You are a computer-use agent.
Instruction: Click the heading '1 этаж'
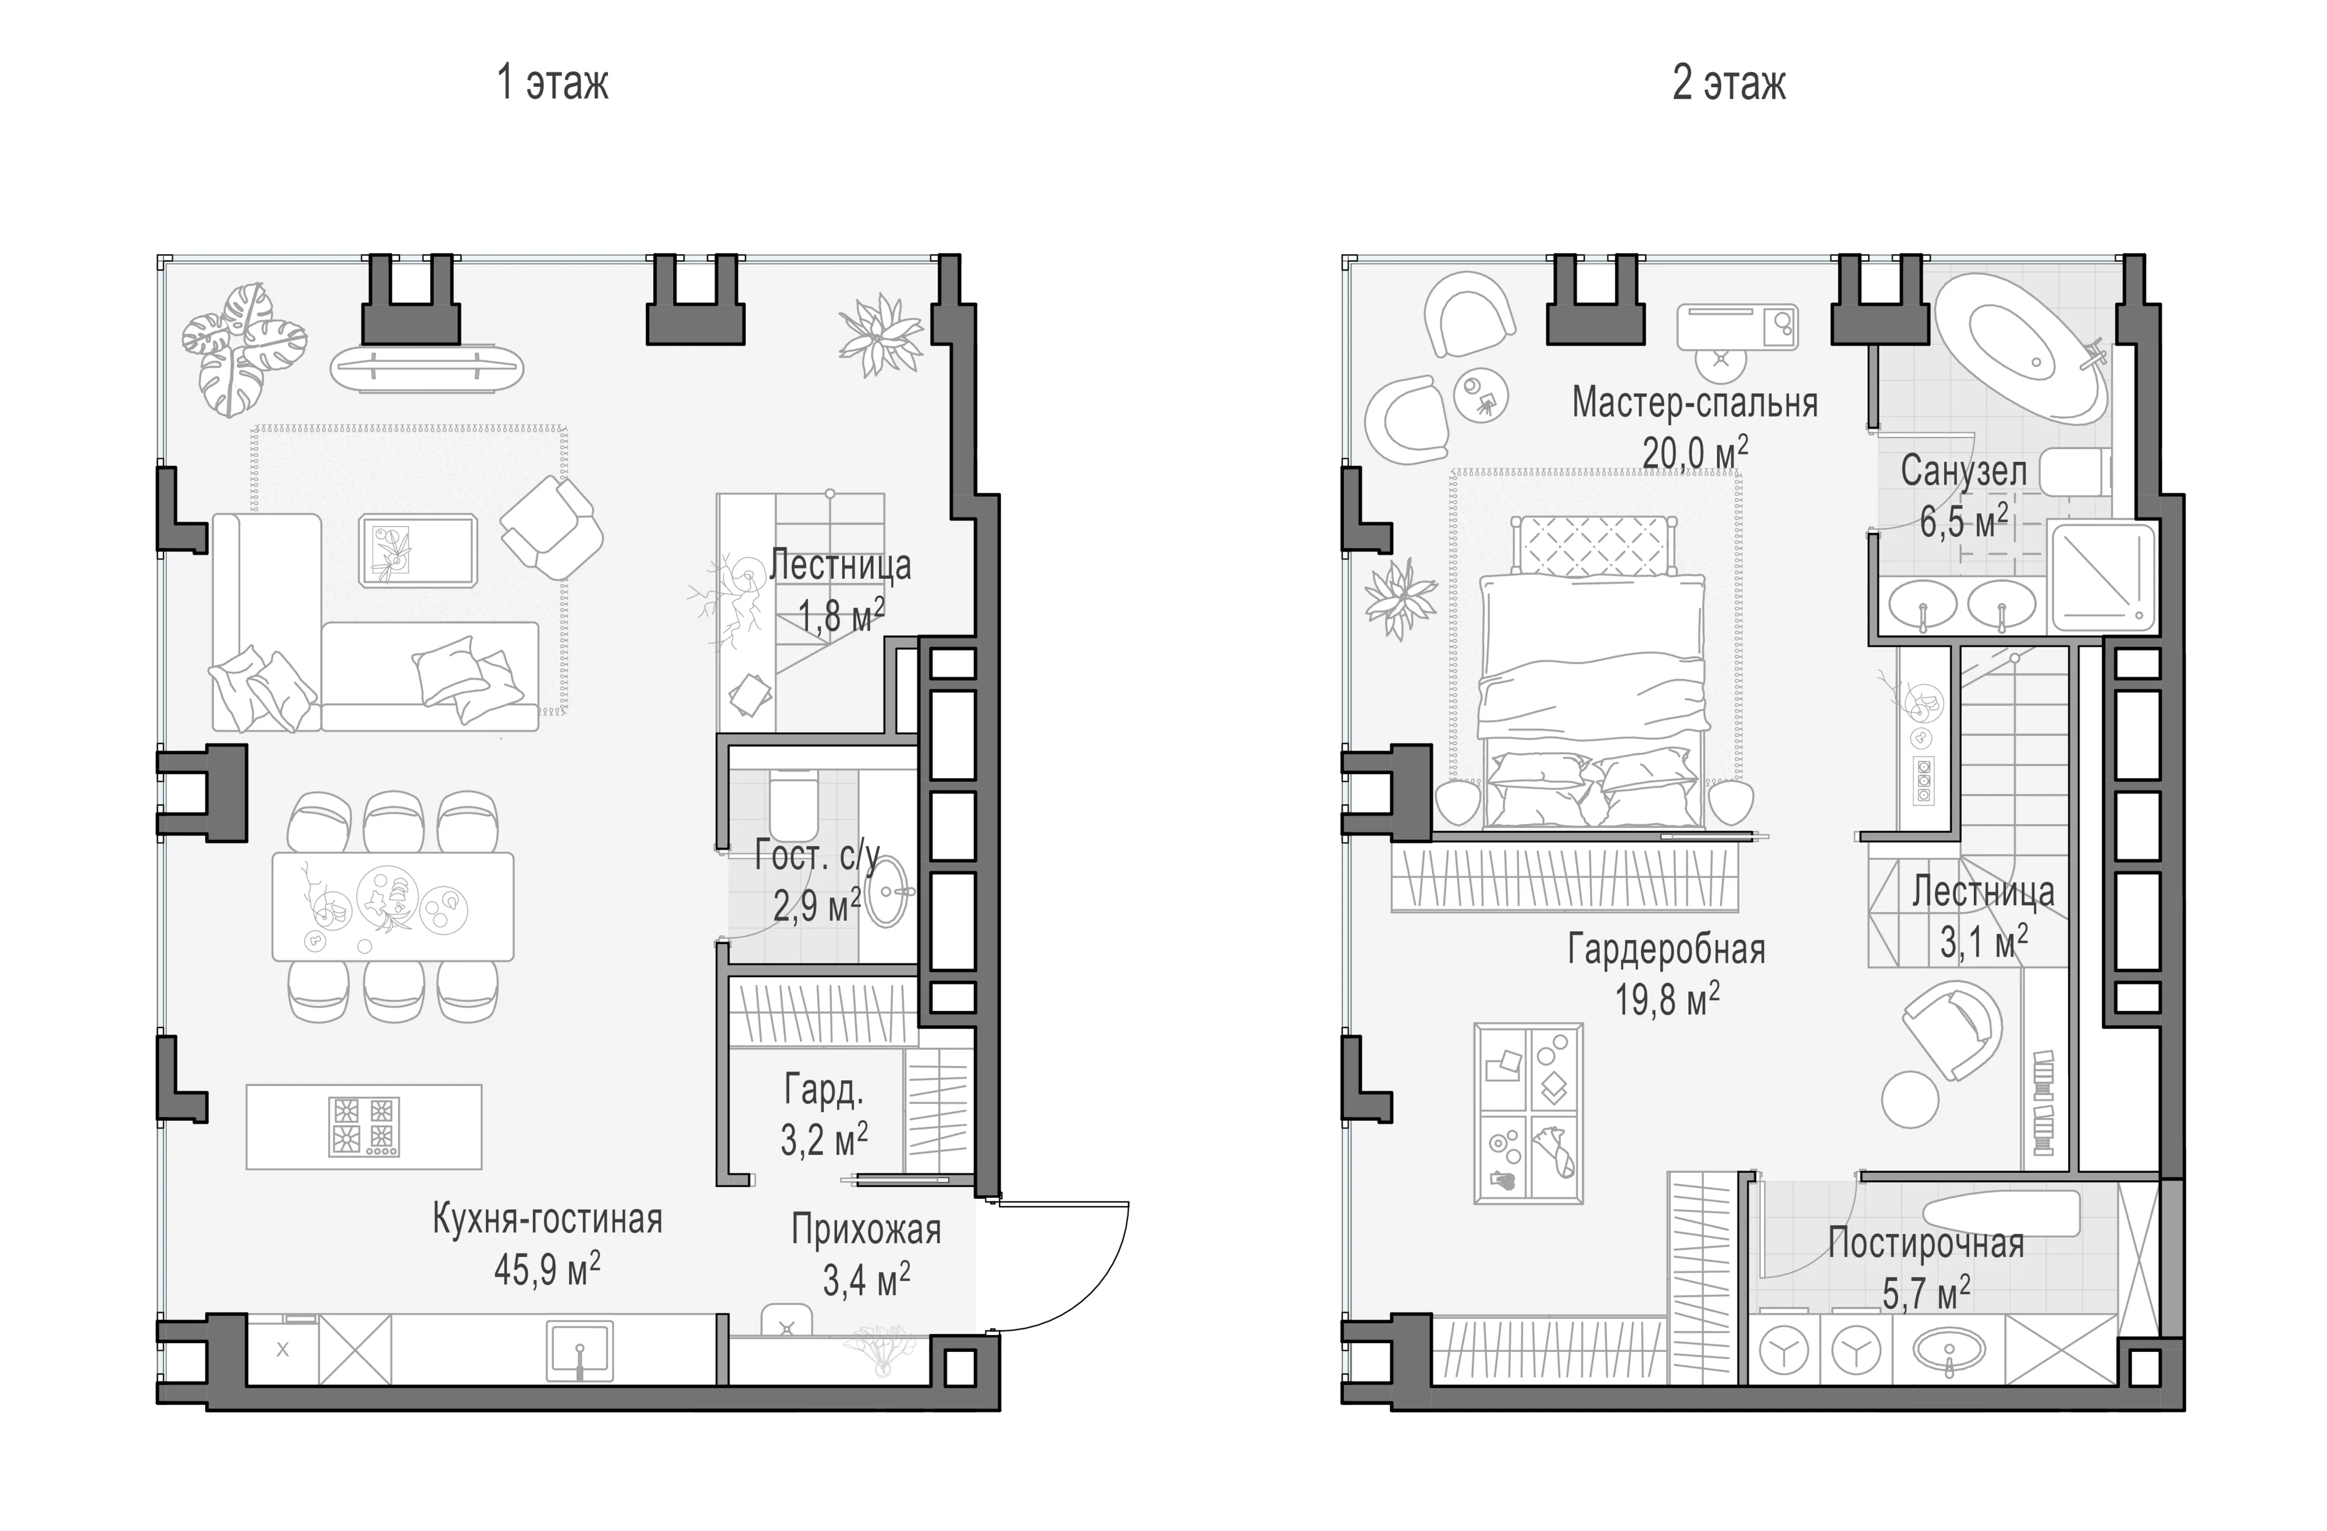click(553, 83)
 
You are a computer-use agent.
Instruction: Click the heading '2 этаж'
click(1728, 83)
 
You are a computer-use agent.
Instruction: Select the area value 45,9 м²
click(547, 1269)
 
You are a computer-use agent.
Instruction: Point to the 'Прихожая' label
click(866, 1230)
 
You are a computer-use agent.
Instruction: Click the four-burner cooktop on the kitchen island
click(364, 1126)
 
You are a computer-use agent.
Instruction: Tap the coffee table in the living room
click(418, 550)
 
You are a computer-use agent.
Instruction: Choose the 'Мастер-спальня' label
click(1695, 403)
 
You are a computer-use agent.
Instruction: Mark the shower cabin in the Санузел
click(2102, 577)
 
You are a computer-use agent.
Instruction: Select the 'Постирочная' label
click(1926, 1244)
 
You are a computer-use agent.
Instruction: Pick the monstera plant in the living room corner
click(243, 348)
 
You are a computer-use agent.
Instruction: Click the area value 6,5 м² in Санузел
click(1964, 521)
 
